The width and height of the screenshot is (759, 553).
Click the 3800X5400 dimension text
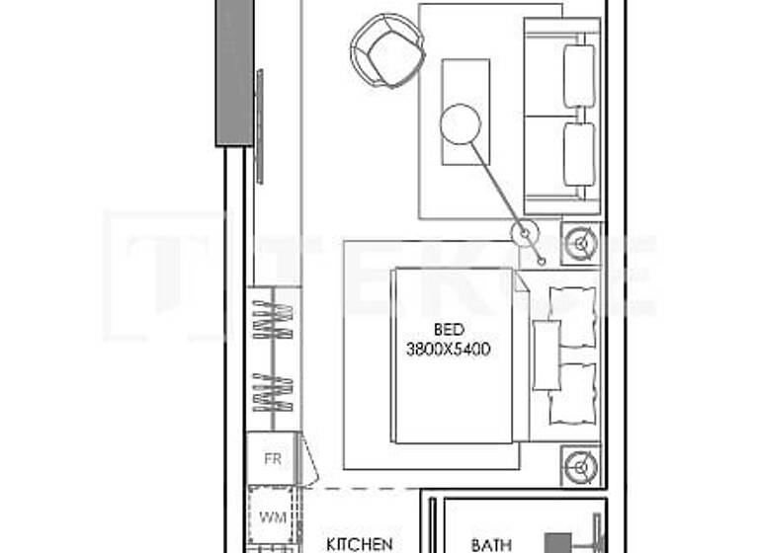coord(449,349)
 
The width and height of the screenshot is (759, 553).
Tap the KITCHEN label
coord(360,543)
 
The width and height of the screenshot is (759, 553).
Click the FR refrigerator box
coord(273,459)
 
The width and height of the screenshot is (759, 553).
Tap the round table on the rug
coord(461,123)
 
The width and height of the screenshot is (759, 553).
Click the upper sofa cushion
coord(579,76)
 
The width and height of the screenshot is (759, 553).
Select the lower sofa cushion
coord(579,154)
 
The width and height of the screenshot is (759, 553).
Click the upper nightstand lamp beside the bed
coord(580,243)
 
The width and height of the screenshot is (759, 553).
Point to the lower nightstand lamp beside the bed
coord(580,465)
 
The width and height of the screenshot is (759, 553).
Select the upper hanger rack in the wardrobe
coord(273,320)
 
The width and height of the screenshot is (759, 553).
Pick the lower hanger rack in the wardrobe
coord(273,392)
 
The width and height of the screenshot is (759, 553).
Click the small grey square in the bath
coord(558,543)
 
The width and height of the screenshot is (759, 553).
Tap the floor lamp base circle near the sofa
coord(524,233)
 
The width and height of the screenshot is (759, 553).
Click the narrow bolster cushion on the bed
coord(547,354)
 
